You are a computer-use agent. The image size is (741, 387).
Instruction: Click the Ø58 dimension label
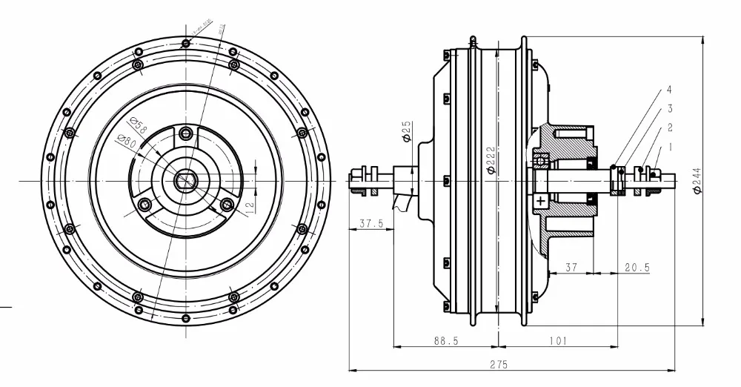pos(139,124)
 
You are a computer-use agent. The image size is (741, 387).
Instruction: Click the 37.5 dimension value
pos(370,223)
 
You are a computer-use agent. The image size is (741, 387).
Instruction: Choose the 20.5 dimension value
pos(635,267)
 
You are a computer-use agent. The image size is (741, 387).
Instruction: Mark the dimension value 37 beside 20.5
pos(571,267)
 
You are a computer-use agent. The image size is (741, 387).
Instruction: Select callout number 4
pos(669,90)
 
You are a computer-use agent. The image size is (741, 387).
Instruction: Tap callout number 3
pos(669,109)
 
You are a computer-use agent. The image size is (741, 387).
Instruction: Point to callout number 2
pos(670,128)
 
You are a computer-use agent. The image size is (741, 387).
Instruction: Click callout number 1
pos(671,147)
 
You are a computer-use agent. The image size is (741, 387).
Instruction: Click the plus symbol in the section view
pos(541,201)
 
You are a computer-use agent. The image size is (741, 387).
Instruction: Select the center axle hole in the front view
pos(185,180)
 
